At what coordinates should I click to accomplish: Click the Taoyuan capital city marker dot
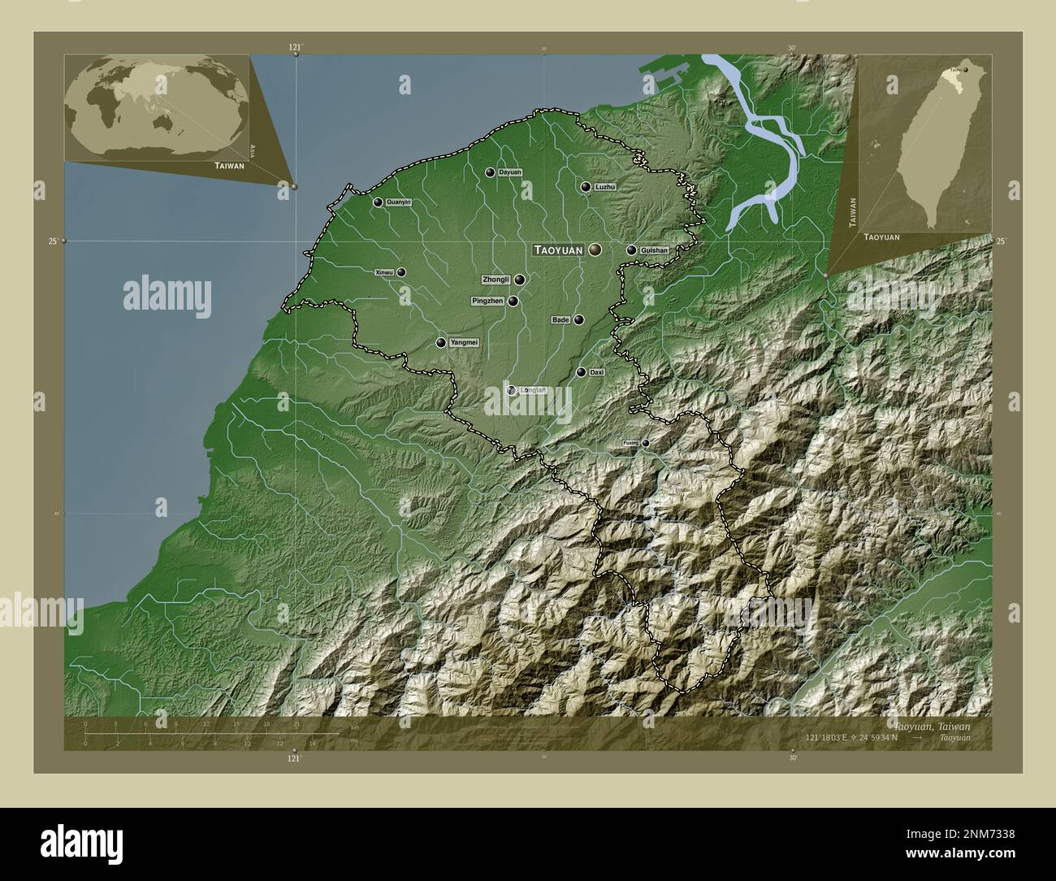pyautogui.click(x=596, y=250)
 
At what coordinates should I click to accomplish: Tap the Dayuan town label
pyautogui.click(x=510, y=172)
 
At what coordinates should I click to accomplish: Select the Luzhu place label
pyautogui.click(x=605, y=187)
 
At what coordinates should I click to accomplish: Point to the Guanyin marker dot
pyautogui.click(x=378, y=202)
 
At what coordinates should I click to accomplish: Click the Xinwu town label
pyautogui.click(x=384, y=273)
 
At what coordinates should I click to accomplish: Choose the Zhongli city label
pyautogui.click(x=496, y=280)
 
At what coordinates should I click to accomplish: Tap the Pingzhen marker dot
pyautogui.click(x=513, y=301)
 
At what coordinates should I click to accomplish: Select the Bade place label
pyautogui.click(x=560, y=320)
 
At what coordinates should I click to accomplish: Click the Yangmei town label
pyautogui.click(x=464, y=343)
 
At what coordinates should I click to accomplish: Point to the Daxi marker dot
pyautogui.click(x=581, y=372)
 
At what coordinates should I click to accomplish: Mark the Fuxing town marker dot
pyautogui.click(x=646, y=443)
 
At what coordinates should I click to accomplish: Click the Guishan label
pyautogui.click(x=654, y=250)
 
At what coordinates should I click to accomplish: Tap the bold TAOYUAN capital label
pyautogui.click(x=558, y=250)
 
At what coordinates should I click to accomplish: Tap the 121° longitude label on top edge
pyautogui.click(x=295, y=48)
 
